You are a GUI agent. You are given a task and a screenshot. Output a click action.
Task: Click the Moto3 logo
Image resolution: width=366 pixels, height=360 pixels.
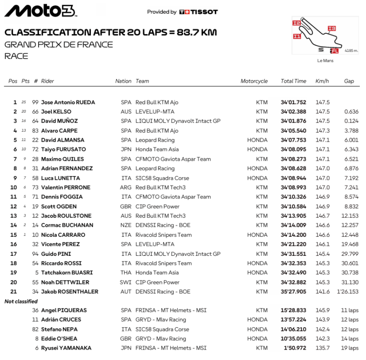click(x=40, y=11)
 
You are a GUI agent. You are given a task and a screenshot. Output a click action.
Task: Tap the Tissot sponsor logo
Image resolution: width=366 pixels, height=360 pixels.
click(x=199, y=12)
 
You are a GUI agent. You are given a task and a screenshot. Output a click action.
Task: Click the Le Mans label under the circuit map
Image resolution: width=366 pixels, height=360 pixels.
click(x=325, y=60)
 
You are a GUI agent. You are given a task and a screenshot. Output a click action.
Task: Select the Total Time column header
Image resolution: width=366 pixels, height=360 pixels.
click(x=293, y=81)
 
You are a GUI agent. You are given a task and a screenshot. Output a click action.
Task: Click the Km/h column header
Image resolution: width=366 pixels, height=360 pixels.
click(x=322, y=81)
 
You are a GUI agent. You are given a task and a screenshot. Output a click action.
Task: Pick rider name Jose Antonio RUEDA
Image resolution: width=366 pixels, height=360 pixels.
click(x=68, y=102)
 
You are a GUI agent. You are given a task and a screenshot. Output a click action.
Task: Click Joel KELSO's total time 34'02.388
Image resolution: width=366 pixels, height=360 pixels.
click(x=293, y=112)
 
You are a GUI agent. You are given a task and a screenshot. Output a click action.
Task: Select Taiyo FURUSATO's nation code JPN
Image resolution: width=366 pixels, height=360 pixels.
click(x=126, y=149)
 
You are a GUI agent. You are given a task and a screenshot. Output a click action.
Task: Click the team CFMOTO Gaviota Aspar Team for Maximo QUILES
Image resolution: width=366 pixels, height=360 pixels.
click(x=173, y=159)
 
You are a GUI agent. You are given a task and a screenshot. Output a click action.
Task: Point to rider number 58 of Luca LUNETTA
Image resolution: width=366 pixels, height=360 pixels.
click(x=35, y=178)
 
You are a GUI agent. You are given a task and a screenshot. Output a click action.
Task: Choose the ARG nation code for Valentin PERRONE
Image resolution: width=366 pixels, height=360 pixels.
click(x=126, y=187)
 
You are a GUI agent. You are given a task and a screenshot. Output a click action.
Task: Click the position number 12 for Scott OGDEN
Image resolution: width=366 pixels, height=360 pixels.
click(x=13, y=206)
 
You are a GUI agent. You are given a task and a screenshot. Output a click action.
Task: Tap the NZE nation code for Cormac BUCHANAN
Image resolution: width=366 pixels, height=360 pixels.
click(x=126, y=225)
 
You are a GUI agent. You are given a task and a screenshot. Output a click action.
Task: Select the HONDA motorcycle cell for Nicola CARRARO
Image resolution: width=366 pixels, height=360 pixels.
click(x=257, y=235)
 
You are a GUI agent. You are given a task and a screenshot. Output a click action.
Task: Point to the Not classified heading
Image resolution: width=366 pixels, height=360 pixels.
click(x=21, y=301)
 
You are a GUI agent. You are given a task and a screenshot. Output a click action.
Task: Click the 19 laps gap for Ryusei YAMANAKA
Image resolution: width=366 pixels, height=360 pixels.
click(x=349, y=348)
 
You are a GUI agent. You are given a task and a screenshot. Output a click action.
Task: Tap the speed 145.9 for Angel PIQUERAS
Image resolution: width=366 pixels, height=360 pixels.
click(x=322, y=310)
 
